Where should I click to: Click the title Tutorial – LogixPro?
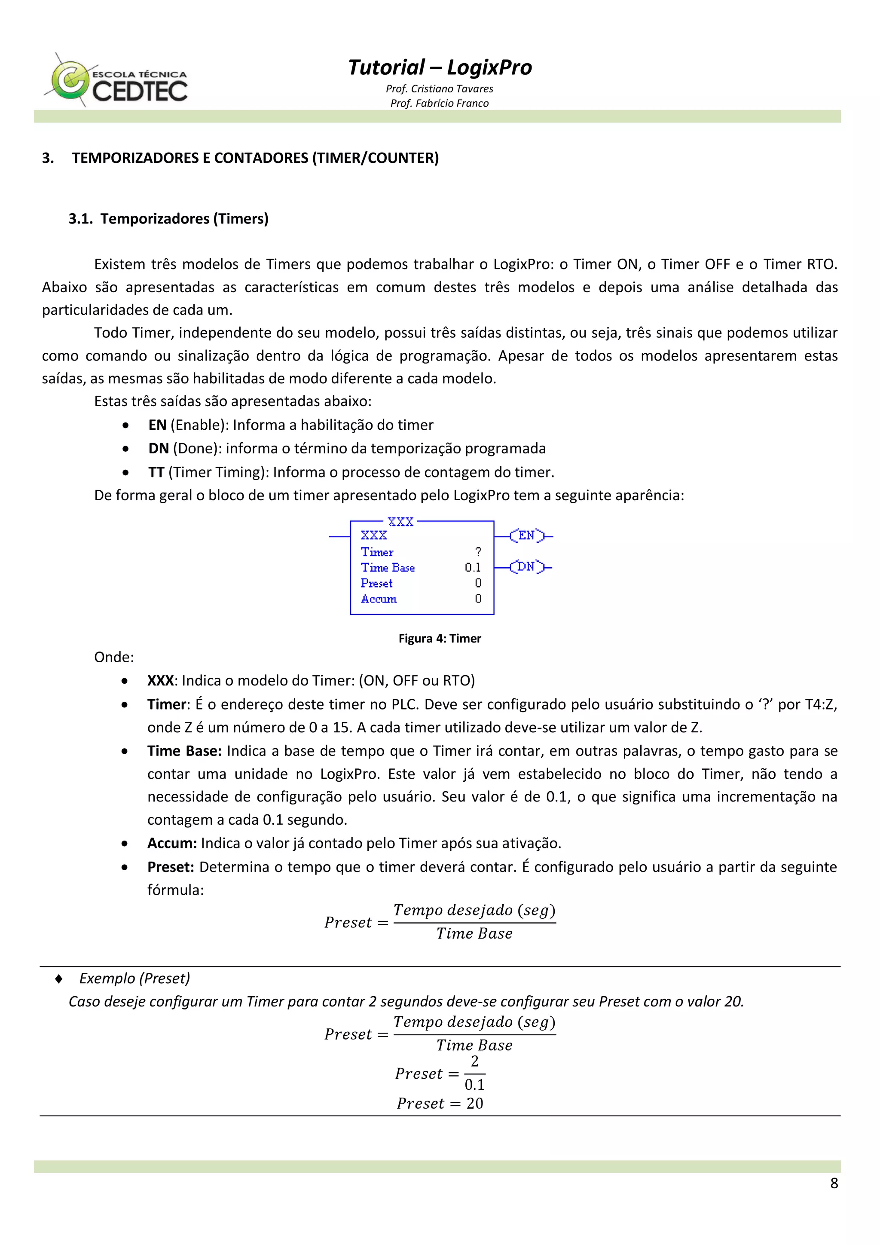(x=440, y=67)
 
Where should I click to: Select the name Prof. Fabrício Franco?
(x=439, y=103)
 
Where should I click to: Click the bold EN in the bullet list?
(x=157, y=425)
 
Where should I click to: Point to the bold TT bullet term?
(x=156, y=472)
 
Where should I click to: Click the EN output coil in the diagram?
(x=526, y=536)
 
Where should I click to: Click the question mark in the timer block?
(x=478, y=551)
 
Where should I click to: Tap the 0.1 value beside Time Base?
(x=472, y=567)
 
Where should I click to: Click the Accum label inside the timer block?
(x=379, y=599)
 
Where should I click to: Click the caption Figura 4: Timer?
(x=439, y=638)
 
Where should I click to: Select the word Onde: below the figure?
(x=114, y=657)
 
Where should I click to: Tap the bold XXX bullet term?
(x=161, y=681)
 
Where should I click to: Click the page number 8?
(x=834, y=1183)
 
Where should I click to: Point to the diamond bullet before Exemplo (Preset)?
(x=58, y=978)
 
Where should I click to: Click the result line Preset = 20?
(x=439, y=1104)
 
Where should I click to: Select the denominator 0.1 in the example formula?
(x=474, y=1085)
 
